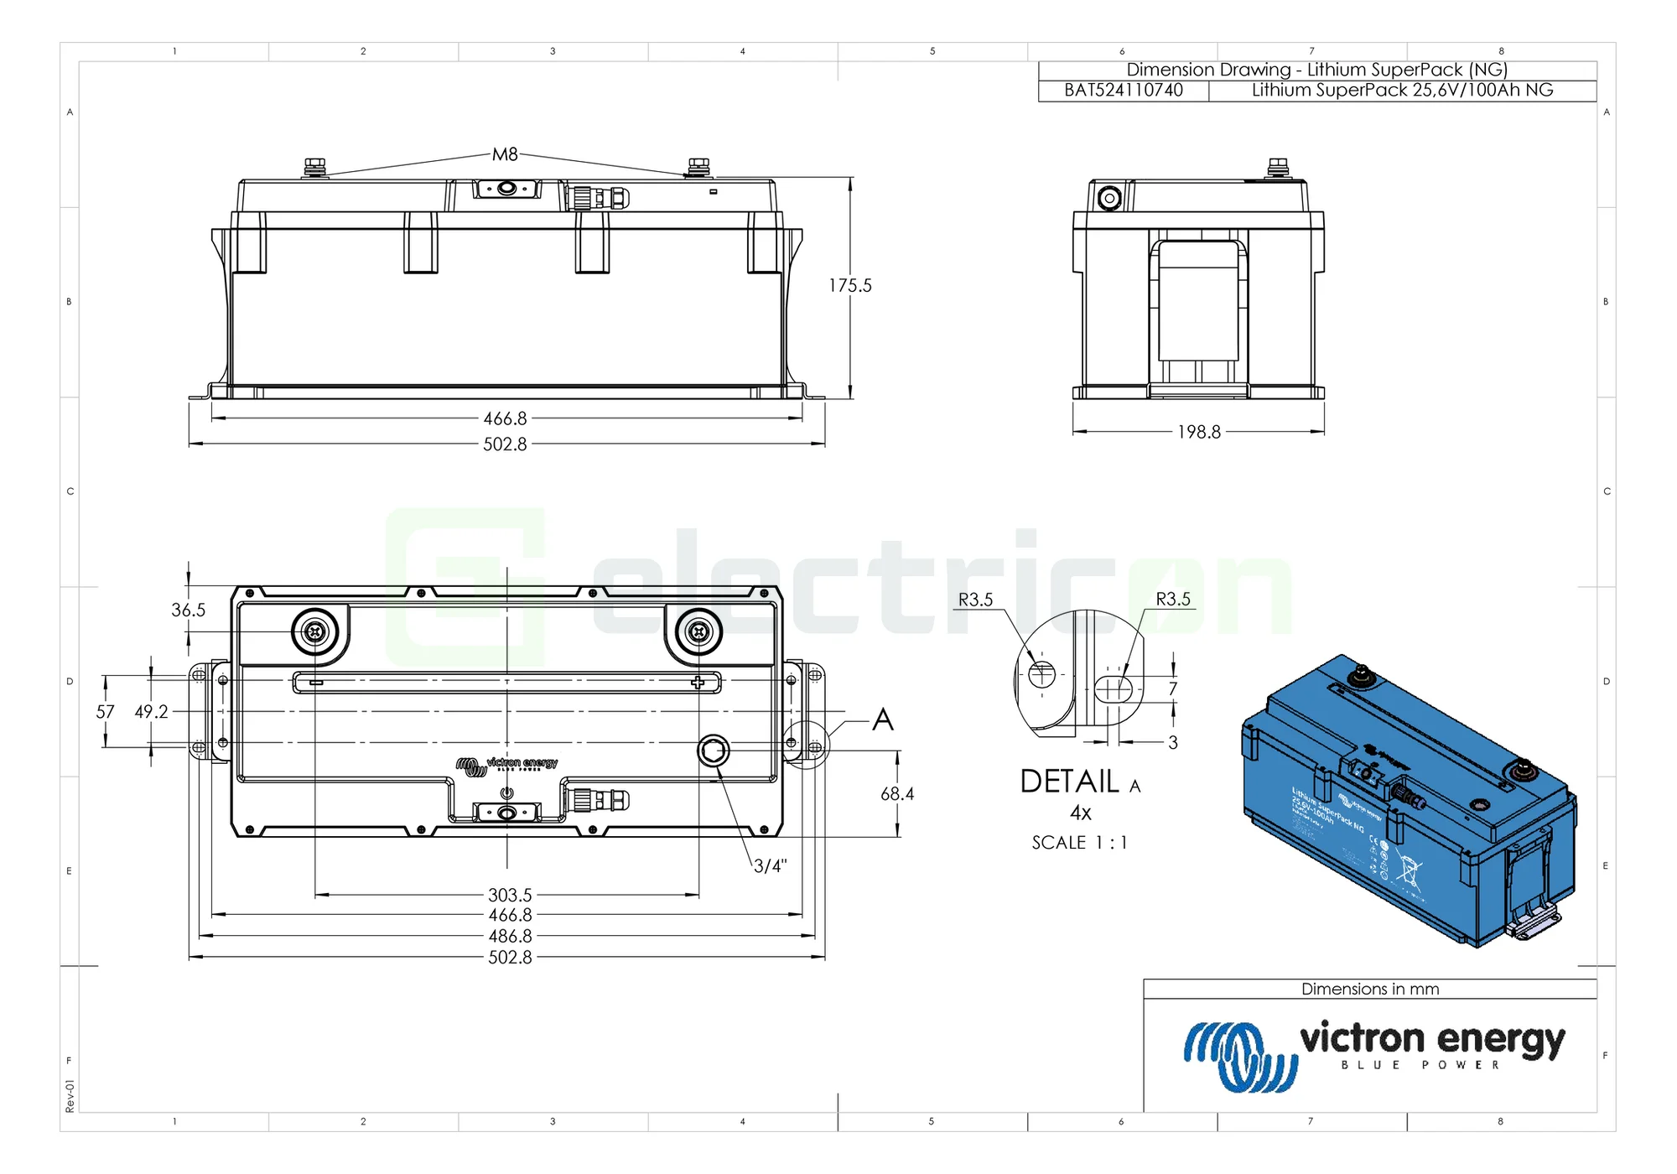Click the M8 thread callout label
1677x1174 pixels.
[x=505, y=154]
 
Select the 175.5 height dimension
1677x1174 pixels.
[x=850, y=286]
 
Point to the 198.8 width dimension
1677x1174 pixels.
[x=1199, y=432]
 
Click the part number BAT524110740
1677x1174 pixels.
[x=1124, y=91]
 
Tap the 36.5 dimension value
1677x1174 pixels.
[x=188, y=610]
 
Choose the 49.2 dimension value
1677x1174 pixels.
[x=152, y=712]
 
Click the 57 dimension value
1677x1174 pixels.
[x=105, y=712]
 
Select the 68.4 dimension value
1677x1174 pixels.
[x=897, y=794]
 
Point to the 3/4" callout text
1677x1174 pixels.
[x=770, y=866]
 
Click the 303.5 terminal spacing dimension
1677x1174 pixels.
[x=510, y=896]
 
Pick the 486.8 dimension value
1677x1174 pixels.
[x=510, y=936]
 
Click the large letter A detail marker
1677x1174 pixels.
[x=883, y=719]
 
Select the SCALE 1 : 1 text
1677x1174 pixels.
[x=1079, y=843]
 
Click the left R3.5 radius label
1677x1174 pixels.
[x=975, y=600]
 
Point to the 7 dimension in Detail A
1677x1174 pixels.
[x=1173, y=688]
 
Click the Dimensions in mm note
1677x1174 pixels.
[x=1370, y=990]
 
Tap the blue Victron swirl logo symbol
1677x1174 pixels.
[x=1239, y=1057]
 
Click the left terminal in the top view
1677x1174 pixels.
[x=315, y=631]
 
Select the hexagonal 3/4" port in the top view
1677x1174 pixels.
[x=714, y=751]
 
